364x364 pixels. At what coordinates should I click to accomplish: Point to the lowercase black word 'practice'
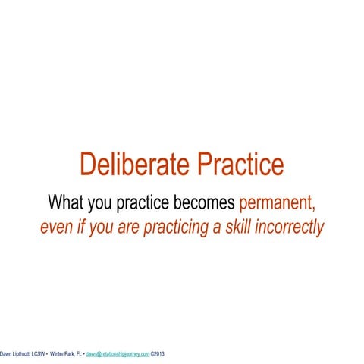click(x=148, y=203)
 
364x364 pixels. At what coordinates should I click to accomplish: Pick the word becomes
click(x=206, y=202)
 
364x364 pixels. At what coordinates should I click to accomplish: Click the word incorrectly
click(x=292, y=226)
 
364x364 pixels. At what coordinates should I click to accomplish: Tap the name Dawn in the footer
click(x=7, y=353)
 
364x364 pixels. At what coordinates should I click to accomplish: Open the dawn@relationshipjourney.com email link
click(x=118, y=353)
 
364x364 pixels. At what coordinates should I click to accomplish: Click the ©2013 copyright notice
click(x=158, y=353)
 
